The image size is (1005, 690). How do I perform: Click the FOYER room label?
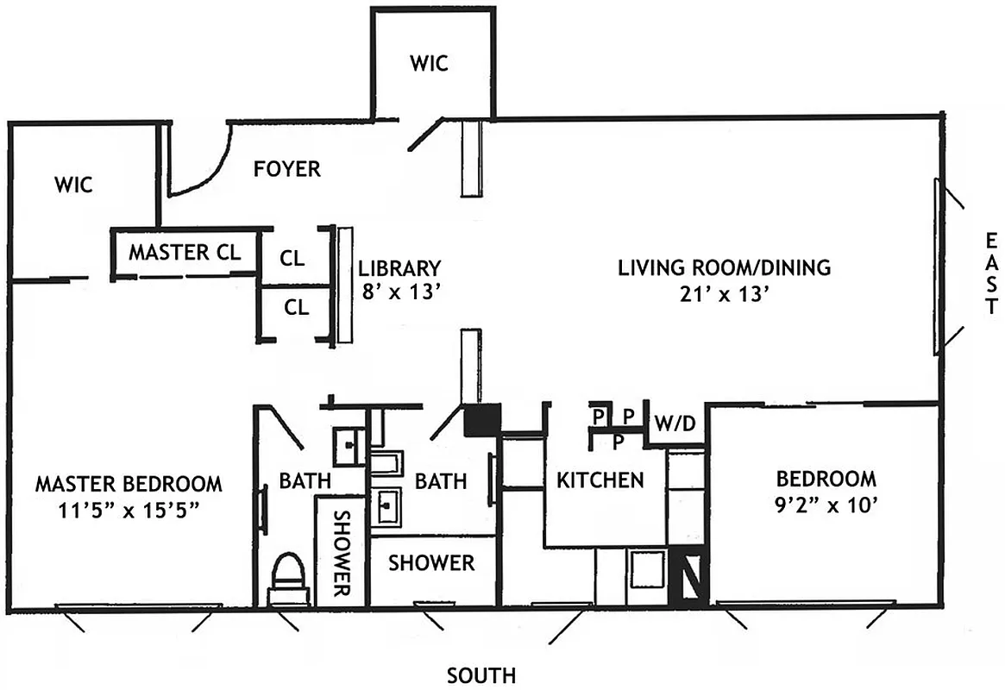tap(286, 168)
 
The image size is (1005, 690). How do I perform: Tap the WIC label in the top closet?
tap(429, 64)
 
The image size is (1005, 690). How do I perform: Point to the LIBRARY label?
tap(399, 268)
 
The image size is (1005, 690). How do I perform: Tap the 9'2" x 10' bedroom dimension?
tap(826, 507)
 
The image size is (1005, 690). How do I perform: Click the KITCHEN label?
tap(600, 480)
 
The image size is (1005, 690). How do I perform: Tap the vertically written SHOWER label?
tap(340, 554)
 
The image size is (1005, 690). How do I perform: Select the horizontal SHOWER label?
tap(431, 563)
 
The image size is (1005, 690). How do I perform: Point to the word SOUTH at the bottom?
tap(481, 674)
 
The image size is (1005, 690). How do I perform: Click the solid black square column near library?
tap(482, 421)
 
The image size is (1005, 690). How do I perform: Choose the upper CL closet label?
tap(292, 257)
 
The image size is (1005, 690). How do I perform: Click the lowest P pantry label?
tap(619, 442)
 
